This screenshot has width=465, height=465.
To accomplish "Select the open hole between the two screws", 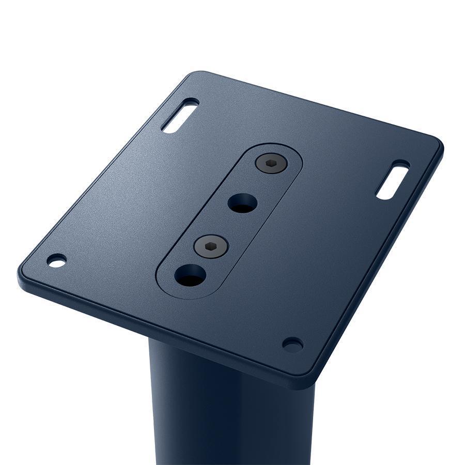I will pyautogui.click(x=242, y=203).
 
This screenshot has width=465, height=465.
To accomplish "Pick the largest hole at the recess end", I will pyautogui.click(x=190, y=275).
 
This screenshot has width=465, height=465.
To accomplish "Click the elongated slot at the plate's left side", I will pyautogui.click(x=180, y=115).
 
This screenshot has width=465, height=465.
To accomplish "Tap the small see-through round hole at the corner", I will pyautogui.click(x=57, y=260).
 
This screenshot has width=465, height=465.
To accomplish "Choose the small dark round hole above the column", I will pyautogui.click(x=292, y=344).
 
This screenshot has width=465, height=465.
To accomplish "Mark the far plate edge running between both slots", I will pyautogui.click(x=320, y=106).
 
